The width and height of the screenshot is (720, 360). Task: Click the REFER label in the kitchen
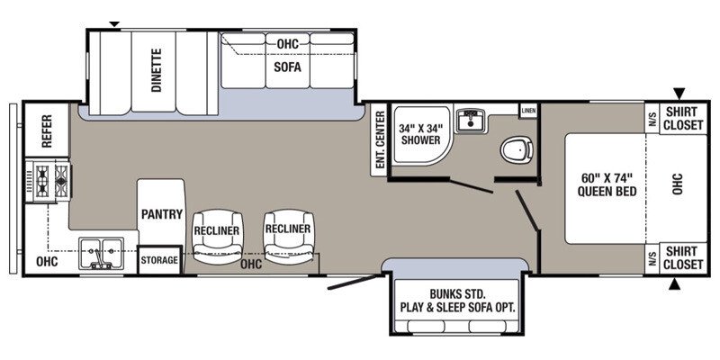click(47, 130)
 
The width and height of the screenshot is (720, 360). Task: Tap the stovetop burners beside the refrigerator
click(48, 181)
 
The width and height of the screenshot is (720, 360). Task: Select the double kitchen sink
click(101, 253)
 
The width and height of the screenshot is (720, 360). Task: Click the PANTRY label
click(162, 214)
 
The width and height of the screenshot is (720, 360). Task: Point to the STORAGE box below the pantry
click(159, 260)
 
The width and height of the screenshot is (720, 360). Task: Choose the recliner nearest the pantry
click(217, 238)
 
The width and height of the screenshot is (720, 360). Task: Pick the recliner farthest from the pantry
click(288, 237)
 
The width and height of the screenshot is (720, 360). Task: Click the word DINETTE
click(157, 70)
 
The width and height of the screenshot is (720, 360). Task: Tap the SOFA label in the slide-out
click(287, 67)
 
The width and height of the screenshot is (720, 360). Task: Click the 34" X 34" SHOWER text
click(420, 133)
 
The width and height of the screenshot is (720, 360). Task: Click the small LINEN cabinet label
click(528, 111)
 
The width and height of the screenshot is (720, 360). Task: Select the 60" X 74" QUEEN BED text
click(607, 184)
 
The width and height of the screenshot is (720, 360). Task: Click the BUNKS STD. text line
click(457, 293)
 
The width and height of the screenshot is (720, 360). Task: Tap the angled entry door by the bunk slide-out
click(355, 282)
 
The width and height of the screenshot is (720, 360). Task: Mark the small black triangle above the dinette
click(114, 24)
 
